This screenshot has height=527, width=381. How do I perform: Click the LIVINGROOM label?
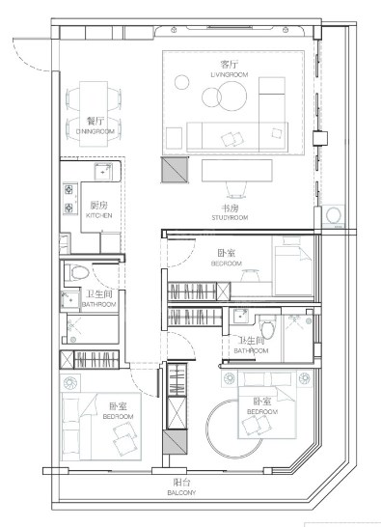(230, 74)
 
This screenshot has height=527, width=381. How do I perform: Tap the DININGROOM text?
(95, 131)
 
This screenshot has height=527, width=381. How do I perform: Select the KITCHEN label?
(98, 215)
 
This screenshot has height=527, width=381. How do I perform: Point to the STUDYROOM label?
(230, 218)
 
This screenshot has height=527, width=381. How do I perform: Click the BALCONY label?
(181, 492)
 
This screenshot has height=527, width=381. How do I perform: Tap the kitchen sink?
(103, 172)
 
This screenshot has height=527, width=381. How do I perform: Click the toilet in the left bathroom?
(77, 272)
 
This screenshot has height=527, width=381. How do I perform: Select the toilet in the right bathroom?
(267, 328)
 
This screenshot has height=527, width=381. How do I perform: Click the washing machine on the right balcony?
(334, 215)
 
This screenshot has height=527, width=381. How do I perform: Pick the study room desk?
(237, 171)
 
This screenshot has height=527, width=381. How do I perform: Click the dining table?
(94, 114)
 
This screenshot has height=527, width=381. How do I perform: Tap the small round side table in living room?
(181, 82)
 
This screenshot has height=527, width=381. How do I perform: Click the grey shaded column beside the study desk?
(175, 170)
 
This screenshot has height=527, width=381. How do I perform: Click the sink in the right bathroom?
(239, 316)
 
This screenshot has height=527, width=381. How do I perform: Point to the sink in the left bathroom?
(69, 300)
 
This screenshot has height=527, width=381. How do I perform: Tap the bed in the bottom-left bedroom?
(100, 427)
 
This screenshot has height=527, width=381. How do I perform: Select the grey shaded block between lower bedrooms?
(175, 442)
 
